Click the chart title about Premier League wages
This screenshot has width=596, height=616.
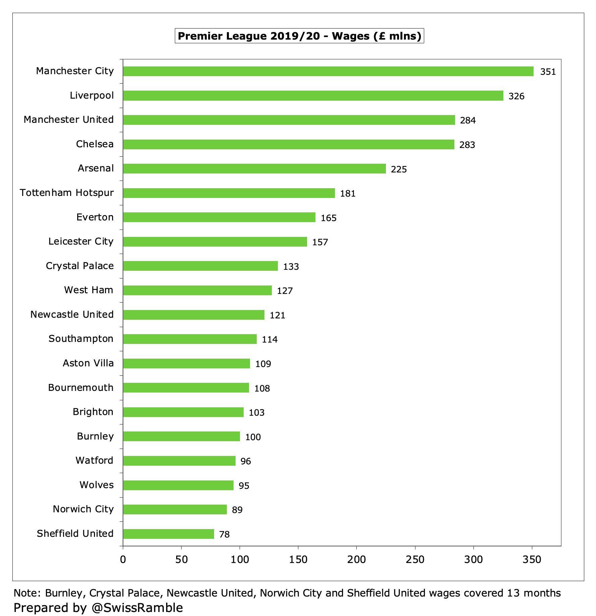(299, 36)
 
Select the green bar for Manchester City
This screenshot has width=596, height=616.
(328, 71)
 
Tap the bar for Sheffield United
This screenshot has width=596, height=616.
(168, 534)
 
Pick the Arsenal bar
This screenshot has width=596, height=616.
(254, 168)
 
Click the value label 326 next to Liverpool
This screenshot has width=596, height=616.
(516, 96)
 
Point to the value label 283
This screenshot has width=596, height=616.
(467, 145)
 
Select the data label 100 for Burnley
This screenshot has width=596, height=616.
(253, 437)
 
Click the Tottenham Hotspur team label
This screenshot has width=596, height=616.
(67, 193)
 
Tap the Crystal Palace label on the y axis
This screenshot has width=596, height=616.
(80, 266)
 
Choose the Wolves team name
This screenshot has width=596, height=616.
(97, 485)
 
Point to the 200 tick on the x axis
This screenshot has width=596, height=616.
(356, 559)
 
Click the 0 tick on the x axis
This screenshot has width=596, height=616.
(123, 559)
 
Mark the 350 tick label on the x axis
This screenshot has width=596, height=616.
(532, 559)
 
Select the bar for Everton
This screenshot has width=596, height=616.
(219, 217)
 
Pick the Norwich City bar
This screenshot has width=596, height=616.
(175, 509)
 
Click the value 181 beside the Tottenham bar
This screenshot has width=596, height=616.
(348, 194)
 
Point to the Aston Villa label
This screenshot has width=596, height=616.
(88, 363)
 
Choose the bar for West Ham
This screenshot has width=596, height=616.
(197, 290)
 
